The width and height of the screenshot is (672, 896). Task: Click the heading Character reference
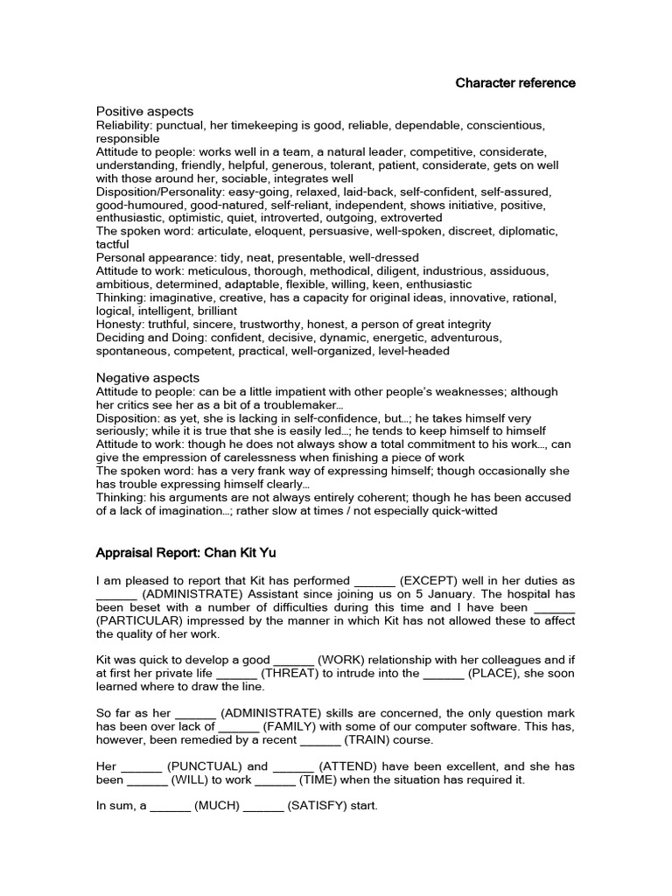coord(515,83)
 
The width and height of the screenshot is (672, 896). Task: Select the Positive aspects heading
coord(144,111)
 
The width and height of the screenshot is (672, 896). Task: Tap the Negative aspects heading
coord(148,377)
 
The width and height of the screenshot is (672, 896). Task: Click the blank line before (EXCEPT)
coord(374,580)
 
